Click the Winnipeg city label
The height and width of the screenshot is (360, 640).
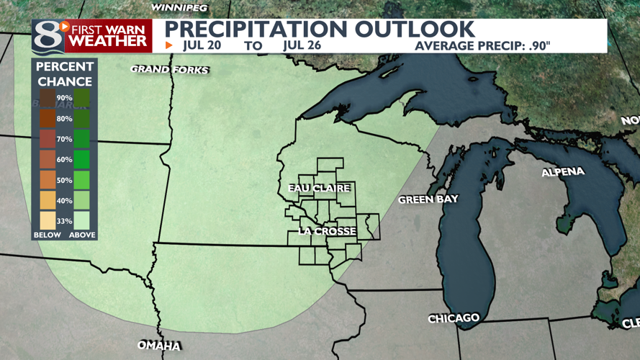tap(180, 7)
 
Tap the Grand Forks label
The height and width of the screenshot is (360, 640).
tap(169, 70)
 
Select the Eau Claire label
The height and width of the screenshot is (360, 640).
tap(319, 189)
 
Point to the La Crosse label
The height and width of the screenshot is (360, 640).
tap(327, 231)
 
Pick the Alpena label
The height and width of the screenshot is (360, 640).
tap(563, 172)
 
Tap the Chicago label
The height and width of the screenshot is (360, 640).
tap(454, 318)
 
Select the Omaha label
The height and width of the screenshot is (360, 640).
tap(159, 346)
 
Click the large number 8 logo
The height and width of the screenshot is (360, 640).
tap(46, 36)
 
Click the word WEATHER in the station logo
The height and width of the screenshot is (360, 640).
tap(108, 42)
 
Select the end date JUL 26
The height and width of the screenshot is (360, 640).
tap(302, 45)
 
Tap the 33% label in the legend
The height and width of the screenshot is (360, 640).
tap(64, 221)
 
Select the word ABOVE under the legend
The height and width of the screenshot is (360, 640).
tap(82, 235)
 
